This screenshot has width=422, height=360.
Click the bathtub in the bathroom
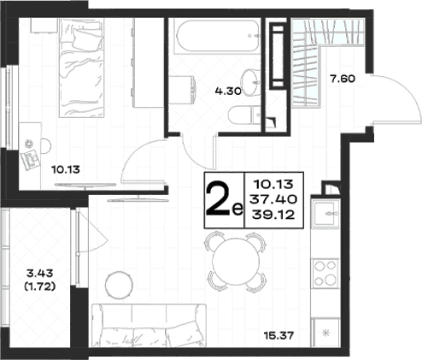[x=218, y=36]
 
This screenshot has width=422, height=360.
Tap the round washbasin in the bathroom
[x=249, y=83]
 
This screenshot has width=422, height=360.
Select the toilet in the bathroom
[x=244, y=115]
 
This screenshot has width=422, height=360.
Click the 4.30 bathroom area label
[x=228, y=91]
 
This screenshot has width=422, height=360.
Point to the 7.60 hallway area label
[x=343, y=79]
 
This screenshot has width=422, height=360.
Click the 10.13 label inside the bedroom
[x=66, y=170]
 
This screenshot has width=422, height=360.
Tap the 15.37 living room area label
[x=278, y=335]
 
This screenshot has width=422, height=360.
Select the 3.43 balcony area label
[x=39, y=274]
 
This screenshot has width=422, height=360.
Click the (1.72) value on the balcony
[x=39, y=287]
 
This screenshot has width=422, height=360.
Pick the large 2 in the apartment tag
[x=218, y=201]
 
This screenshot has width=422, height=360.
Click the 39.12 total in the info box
[x=273, y=215]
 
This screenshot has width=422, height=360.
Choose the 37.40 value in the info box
[x=273, y=199]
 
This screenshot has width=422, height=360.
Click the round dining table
[x=236, y=262]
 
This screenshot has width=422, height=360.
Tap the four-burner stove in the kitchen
[x=325, y=274]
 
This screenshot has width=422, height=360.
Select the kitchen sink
[x=325, y=214]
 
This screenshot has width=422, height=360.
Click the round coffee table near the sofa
[x=119, y=285]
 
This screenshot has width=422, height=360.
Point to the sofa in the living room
[x=149, y=326]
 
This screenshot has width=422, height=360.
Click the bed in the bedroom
[x=81, y=68]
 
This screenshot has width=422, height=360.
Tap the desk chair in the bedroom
[x=46, y=146]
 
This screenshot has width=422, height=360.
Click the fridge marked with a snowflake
[x=325, y=333]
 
